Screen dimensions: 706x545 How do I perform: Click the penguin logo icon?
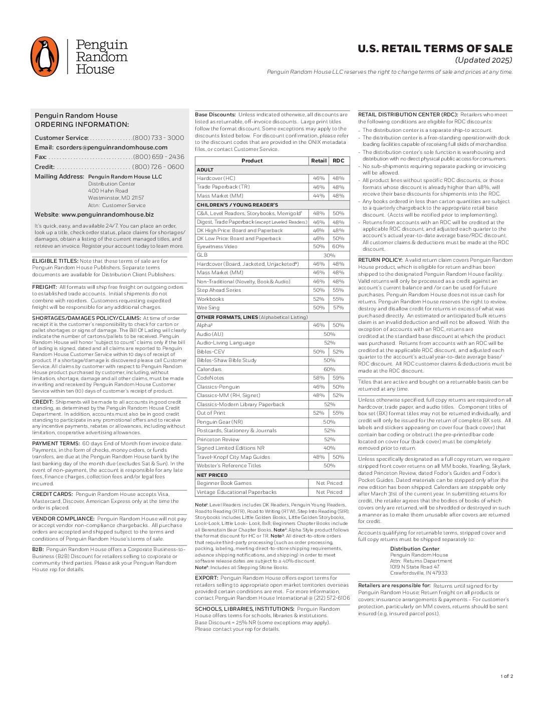[x=45, y=57]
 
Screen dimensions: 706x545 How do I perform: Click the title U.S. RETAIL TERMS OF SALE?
[x=435, y=49]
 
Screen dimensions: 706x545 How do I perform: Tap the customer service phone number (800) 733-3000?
[x=158, y=138]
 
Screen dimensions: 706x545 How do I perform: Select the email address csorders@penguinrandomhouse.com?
[x=112, y=147]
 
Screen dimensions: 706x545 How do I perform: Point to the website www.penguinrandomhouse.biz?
[x=107, y=215]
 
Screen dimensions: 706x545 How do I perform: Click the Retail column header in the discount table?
[x=319, y=161]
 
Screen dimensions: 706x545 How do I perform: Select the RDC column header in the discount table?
[x=338, y=161]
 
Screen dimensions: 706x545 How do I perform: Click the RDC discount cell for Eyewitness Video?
[x=338, y=247]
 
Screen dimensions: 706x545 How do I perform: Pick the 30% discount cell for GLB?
[x=329, y=255]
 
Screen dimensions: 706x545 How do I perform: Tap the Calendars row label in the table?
[x=209, y=370]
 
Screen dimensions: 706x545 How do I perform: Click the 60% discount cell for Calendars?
[x=329, y=370]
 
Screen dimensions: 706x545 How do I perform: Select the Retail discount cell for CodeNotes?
[x=319, y=378]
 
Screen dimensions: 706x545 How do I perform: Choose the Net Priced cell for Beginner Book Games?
[x=329, y=483]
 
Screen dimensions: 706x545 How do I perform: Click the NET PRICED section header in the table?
[x=212, y=475]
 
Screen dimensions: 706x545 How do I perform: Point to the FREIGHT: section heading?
[x=44, y=287]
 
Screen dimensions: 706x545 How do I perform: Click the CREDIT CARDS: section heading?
[x=53, y=494]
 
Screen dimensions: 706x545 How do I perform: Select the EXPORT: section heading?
[x=206, y=578]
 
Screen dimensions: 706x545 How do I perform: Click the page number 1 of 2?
[x=506, y=676]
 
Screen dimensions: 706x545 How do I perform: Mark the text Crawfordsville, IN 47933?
[x=419, y=573]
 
